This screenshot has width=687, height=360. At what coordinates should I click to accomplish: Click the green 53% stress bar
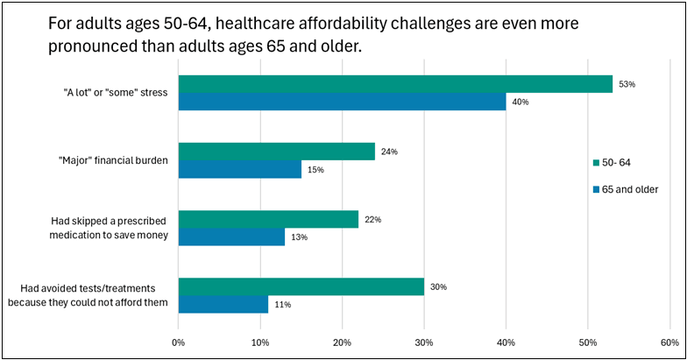395,84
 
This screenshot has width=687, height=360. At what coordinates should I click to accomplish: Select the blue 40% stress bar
342,102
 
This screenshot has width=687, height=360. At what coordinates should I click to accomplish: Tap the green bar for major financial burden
277,152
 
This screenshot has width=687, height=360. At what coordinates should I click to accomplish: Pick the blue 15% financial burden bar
240,169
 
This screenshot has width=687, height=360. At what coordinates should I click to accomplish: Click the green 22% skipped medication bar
268,219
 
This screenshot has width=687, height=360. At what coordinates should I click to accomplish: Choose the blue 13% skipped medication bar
231,236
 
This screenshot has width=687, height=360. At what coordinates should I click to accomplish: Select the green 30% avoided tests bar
301,287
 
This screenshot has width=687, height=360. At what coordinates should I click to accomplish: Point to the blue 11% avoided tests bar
223,305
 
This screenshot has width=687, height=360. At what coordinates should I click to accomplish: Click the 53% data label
627,84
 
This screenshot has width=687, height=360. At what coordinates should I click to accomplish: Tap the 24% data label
389,152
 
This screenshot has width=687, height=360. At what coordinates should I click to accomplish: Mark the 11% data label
282,305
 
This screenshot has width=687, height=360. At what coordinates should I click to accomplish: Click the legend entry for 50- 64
612,163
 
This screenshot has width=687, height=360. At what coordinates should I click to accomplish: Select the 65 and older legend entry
626,189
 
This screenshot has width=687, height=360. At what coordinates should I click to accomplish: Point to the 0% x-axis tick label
179,343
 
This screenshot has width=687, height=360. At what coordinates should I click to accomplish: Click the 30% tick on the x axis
424,343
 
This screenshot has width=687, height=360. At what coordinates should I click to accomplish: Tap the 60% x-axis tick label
669,343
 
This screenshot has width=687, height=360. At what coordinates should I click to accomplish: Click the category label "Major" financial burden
113,161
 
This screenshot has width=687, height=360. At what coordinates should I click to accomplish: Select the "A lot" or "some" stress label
116,93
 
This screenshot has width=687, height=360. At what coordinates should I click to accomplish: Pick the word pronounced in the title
91,46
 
